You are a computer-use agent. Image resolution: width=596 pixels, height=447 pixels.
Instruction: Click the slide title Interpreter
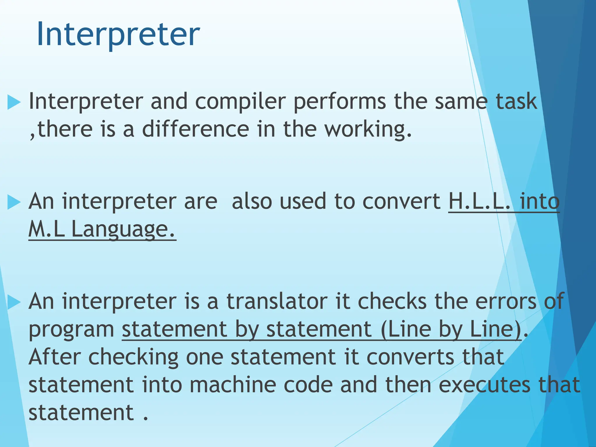click(x=118, y=34)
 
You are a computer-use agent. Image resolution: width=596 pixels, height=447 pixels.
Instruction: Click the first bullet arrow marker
click(x=14, y=102)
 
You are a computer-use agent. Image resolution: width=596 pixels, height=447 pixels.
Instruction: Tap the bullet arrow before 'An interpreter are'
click(x=14, y=202)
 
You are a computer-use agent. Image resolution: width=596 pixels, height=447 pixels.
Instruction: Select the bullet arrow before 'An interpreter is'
click(x=14, y=302)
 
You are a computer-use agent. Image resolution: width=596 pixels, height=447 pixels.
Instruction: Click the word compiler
click(x=240, y=102)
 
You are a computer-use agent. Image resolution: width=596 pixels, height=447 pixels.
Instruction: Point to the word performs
click(x=340, y=102)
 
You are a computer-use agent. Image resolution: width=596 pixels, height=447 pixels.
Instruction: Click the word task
click(x=516, y=102)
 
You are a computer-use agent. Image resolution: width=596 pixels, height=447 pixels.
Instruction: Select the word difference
click(x=195, y=129)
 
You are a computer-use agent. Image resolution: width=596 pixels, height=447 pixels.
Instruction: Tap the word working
click(x=368, y=129)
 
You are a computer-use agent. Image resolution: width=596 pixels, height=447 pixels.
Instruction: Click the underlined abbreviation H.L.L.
click(x=479, y=201)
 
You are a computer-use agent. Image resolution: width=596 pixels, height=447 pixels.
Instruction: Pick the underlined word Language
click(x=123, y=229)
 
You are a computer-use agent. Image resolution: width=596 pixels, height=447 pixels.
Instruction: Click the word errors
click(x=506, y=301)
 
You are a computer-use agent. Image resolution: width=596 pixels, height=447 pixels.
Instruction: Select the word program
click(x=72, y=329)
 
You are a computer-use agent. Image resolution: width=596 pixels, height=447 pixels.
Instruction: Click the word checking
click(x=133, y=357)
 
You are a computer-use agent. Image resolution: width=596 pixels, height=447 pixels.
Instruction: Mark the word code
click(x=308, y=385)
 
